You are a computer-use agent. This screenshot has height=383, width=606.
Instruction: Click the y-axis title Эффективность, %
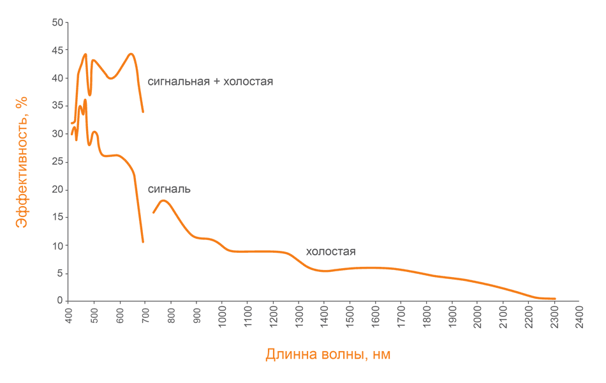(x=22, y=161)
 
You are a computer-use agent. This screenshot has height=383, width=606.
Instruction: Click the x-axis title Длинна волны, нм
(x=328, y=354)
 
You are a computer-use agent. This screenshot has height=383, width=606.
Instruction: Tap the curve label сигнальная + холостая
(x=211, y=82)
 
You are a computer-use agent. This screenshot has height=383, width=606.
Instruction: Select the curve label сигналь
(x=169, y=189)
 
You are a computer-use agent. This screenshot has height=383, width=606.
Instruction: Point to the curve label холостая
(x=330, y=252)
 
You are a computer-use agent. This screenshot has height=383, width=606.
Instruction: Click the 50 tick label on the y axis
(x=57, y=23)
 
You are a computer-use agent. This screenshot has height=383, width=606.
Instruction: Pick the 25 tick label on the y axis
(x=57, y=162)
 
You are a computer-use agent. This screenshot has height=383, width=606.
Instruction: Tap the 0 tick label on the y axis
(x=60, y=301)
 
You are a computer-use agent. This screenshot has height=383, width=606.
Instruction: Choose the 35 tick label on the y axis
(x=57, y=106)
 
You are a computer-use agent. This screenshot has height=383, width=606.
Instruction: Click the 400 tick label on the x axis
(x=69, y=317)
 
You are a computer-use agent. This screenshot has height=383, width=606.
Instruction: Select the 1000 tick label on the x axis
(x=222, y=319)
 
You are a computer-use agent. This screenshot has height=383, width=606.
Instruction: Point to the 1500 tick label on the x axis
(x=350, y=319)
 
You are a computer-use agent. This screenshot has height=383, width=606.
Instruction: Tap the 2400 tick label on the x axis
(x=579, y=319)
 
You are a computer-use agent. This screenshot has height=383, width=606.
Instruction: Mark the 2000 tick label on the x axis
(x=477, y=319)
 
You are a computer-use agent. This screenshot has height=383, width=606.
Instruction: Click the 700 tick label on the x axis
(x=145, y=317)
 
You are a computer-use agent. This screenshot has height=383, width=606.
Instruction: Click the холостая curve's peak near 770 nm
(x=164, y=200)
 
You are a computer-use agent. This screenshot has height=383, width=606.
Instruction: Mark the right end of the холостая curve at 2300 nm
(x=555, y=299)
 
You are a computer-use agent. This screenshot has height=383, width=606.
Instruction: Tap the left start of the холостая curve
(x=153, y=213)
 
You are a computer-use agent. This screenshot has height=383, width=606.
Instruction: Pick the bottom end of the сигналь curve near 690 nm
(x=143, y=242)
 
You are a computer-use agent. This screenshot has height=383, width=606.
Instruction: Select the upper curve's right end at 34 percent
(x=143, y=112)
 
